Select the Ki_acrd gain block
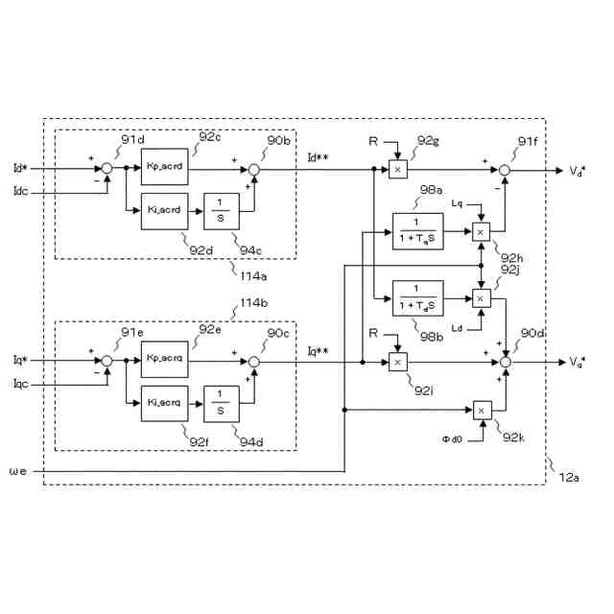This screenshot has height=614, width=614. coord(166,209)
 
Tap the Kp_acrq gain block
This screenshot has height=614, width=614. coord(166,360)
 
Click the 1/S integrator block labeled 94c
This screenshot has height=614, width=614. coord(221,209)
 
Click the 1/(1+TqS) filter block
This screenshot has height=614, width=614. coord(419,232)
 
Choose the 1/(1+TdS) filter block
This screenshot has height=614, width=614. coord(419,298)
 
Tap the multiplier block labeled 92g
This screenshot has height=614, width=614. coord(398,170)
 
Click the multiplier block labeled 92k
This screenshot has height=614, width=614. coord(482,411)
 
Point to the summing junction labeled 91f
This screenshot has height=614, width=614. coord(507,170)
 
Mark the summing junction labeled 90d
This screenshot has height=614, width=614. coord(507,362)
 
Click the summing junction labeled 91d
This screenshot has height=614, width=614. coord(107,169)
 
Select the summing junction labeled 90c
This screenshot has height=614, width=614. coord(254,362)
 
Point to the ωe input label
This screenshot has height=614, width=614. coord(20,471)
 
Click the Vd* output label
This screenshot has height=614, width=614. coord(577,171)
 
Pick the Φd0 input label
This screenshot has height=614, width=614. coord(452,438)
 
